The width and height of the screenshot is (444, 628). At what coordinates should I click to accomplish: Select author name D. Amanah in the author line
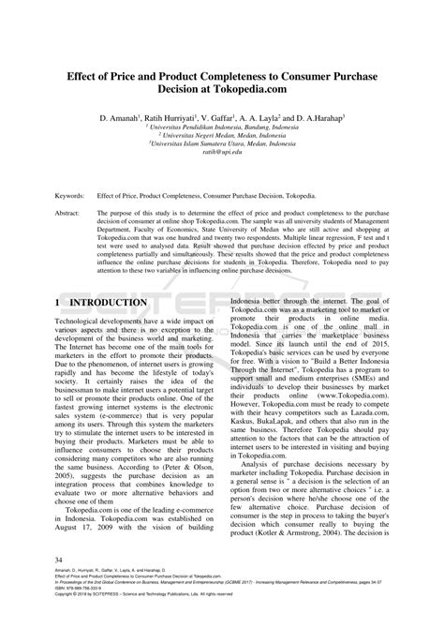tap(127, 120)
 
